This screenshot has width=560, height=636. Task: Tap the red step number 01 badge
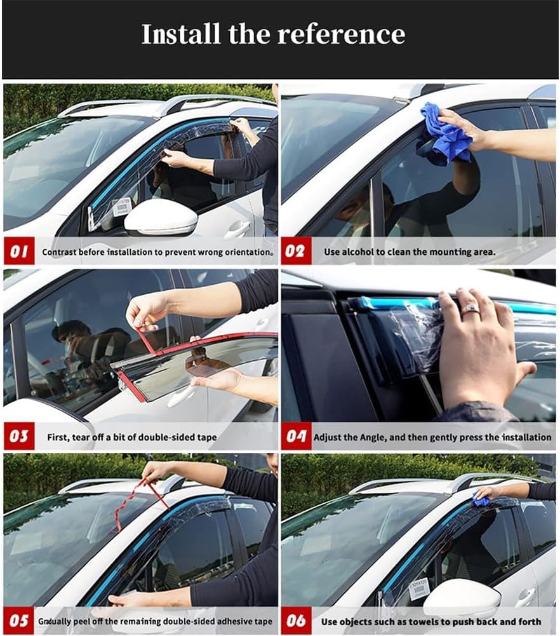pos(19,252)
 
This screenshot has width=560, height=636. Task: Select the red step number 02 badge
pos(295,252)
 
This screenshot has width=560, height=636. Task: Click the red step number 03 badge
pos(19,436)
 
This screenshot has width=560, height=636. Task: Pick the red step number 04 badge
pos(296,436)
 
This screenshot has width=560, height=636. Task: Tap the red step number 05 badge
pos(19,621)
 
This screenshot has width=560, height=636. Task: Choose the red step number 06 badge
pos(296,621)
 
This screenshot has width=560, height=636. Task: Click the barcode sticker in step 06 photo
pos(419,588)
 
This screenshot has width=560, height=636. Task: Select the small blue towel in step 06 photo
pos(482,501)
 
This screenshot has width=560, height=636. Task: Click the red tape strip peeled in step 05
pos(130,502)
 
